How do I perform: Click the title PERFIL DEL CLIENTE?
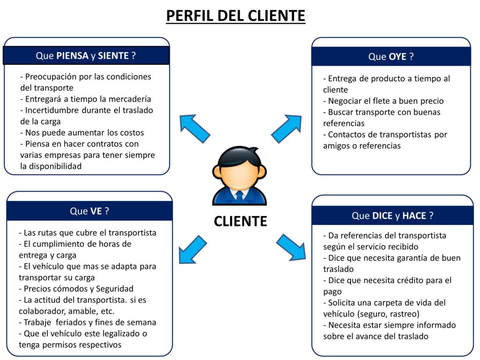tap(236, 16)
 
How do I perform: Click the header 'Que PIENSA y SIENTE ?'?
tap(86, 55)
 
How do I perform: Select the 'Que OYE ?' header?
tap(391, 56)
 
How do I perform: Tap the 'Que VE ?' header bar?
tap(90, 211)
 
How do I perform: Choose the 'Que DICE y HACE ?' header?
tap(392, 216)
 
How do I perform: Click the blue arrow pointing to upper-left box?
tap(195, 128)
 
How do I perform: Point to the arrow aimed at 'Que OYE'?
tap(286, 128)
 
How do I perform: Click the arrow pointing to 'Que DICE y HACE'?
tap(291, 247)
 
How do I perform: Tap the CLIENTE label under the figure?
tap(240, 221)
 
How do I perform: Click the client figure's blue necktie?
tap(240, 195)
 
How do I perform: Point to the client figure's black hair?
tap(240, 156)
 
